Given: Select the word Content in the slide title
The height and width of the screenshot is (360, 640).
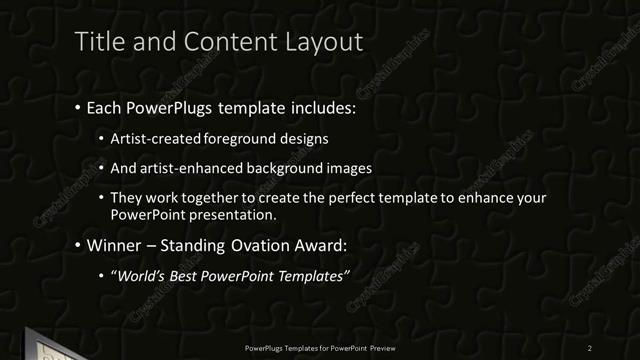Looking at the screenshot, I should (229, 42).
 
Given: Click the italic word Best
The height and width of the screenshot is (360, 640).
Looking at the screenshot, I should (186, 276).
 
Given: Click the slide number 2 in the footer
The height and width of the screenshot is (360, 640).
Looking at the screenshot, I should (590, 347).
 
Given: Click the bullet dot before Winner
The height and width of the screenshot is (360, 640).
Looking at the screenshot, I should (78, 246).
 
